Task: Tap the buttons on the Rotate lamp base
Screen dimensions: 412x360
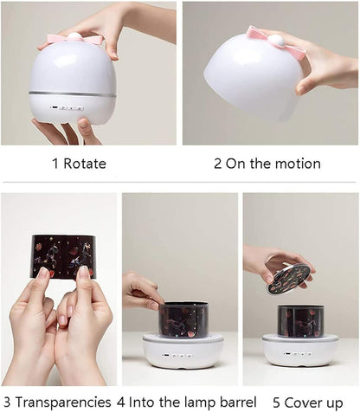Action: tap(67, 109)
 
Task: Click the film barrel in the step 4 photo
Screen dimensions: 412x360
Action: tap(183, 319)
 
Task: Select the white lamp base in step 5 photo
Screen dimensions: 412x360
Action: tap(300, 350)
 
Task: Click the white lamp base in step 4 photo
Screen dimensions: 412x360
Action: tap(183, 351)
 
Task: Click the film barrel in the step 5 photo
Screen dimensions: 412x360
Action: tap(300, 319)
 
